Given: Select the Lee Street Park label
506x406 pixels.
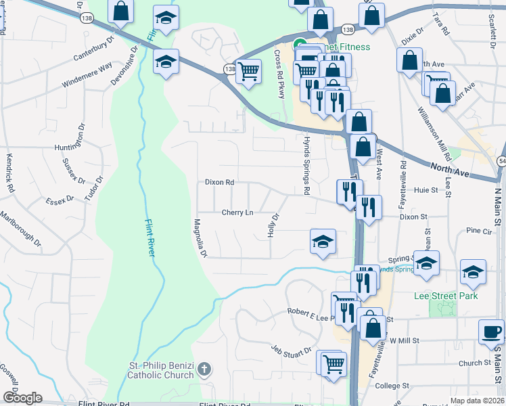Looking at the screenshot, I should point(446,296).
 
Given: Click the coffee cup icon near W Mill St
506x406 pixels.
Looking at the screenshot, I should point(491,332).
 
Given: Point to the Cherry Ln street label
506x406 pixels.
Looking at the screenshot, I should point(237,212).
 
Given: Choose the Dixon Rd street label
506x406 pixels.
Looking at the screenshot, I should point(219,183).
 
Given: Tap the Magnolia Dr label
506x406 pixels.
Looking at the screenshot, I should point(200,238).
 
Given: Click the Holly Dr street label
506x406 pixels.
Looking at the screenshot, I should point(275,226).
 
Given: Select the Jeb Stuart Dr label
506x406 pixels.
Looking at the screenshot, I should point(292,349).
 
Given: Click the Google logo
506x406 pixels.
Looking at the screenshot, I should point(22,398).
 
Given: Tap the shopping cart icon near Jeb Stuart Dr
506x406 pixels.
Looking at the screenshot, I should point(333,363).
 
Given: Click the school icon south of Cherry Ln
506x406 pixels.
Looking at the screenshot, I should point(323,242).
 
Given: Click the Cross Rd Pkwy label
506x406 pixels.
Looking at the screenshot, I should point(279,74).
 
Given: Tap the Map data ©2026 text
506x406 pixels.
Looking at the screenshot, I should point(477,401).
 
